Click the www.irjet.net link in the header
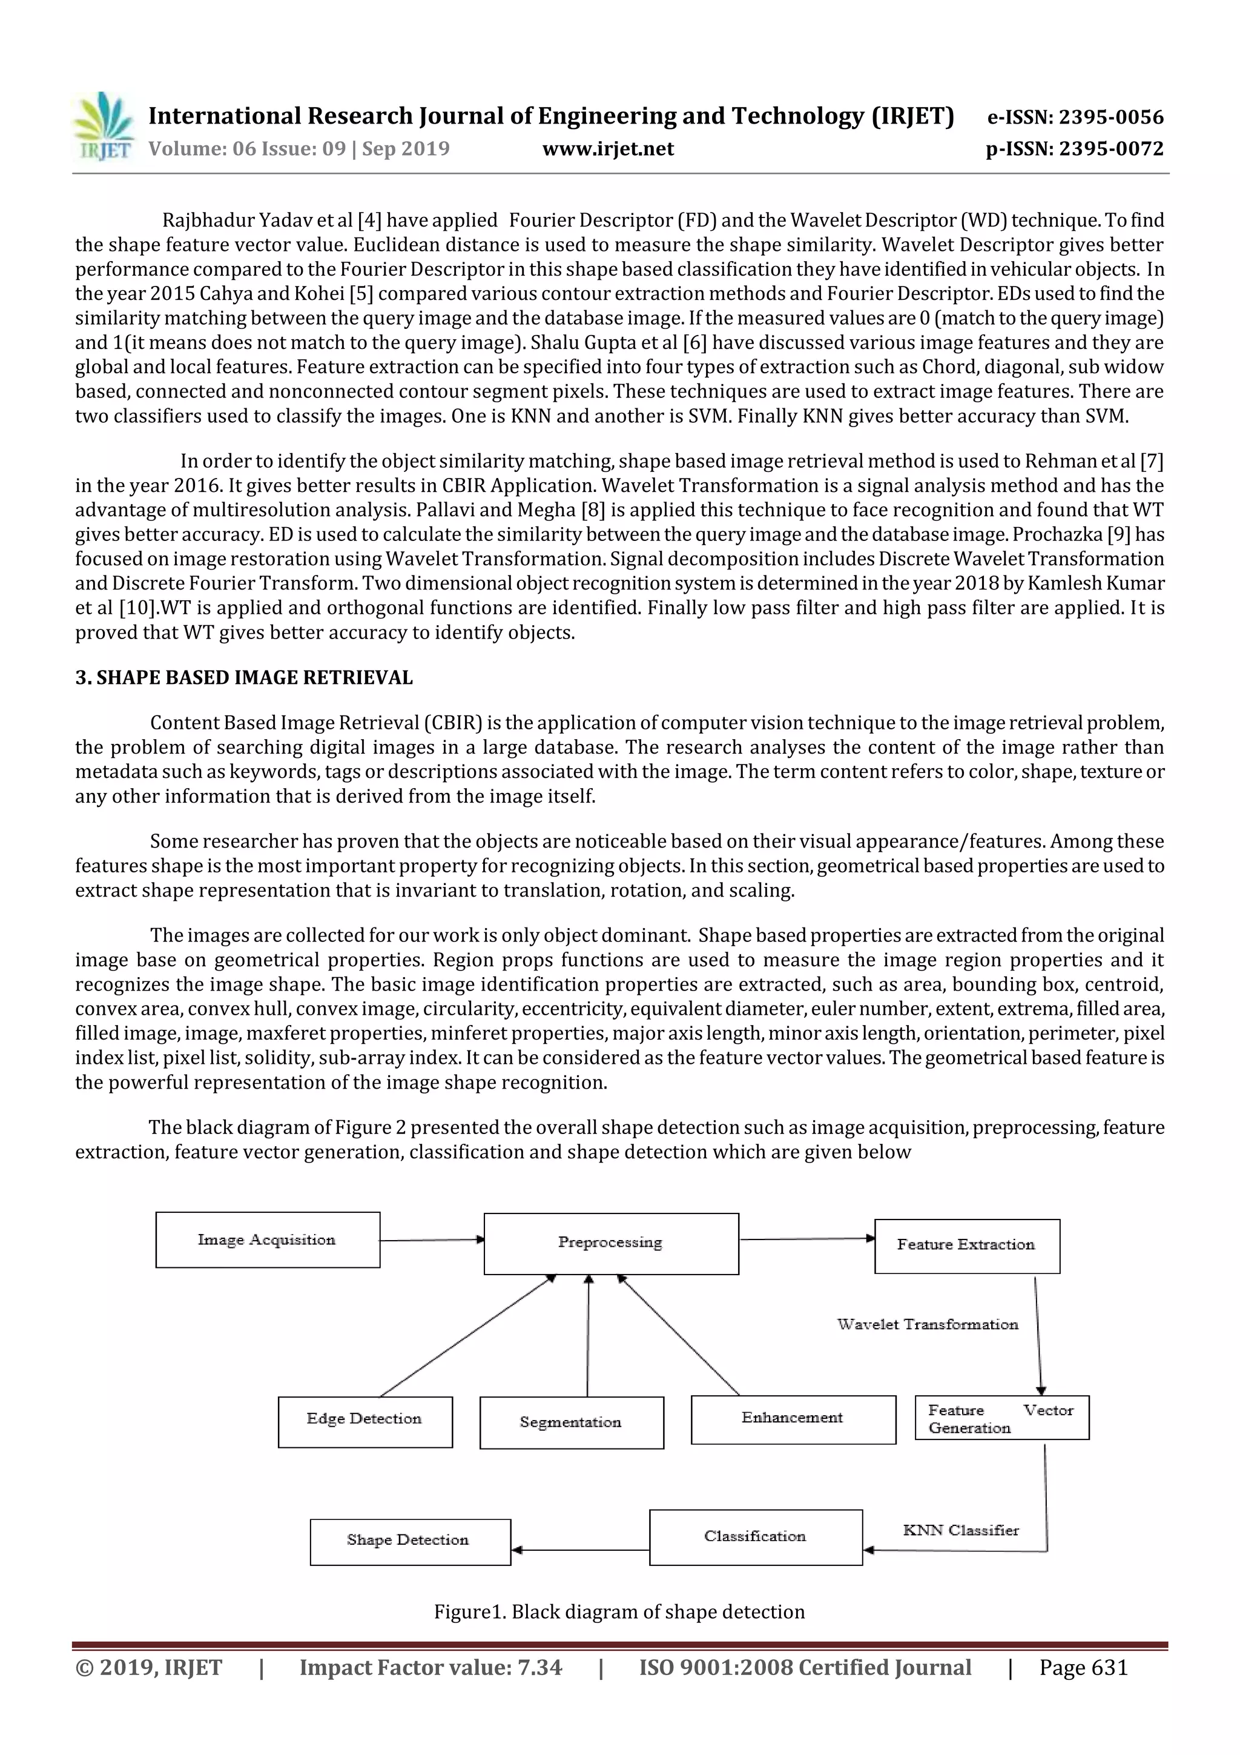tap(608, 148)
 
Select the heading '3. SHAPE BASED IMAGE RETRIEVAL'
tap(244, 677)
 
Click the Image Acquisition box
tap(268, 1239)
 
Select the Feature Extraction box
tap(966, 1245)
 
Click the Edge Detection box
tap(364, 1421)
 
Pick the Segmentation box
tap(571, 1422)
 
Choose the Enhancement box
tap(793, 1419)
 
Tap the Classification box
tap(755, 1536)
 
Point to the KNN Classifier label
tap(960, 1530)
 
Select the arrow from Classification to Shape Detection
tap(580, 1550)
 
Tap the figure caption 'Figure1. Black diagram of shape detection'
tap(619, 1612)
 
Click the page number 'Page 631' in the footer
tap(1083, 1667)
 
